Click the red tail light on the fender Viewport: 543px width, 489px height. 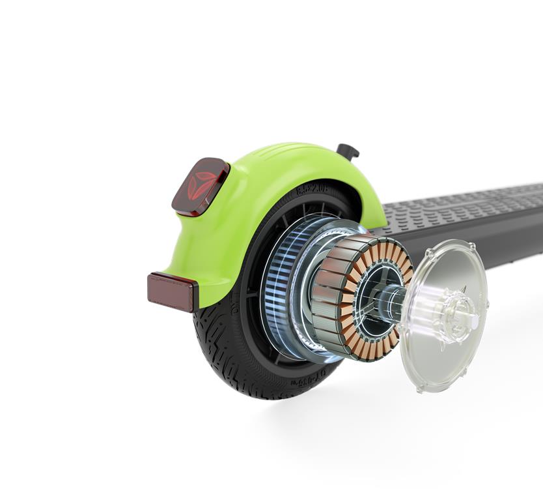200,186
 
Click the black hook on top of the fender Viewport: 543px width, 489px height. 348,151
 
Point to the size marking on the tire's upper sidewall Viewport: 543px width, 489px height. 313,191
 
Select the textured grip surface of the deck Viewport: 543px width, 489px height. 469,202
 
